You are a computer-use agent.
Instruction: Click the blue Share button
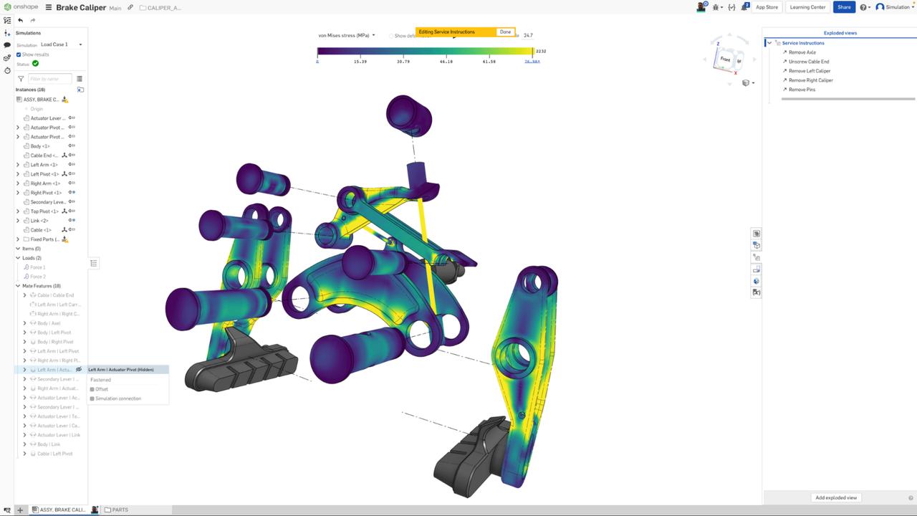click(x=844, y=7)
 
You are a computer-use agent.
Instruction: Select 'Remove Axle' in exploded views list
click(x=802, y=52)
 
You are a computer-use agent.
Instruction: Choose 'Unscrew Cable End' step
click(x=808, y=62)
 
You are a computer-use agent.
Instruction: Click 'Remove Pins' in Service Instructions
click(x=802, y=90)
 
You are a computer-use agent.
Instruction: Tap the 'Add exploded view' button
click(x=835, y=497)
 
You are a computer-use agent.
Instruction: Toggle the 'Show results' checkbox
click(x=19, y=54)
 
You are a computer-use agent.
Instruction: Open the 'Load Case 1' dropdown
click(x=61, y=44)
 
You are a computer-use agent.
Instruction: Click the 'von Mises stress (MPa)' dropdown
click(x=347, y=35)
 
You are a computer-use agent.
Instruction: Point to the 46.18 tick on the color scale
click(x=446, y=62)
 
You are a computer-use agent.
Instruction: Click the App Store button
click(x=767, y=7)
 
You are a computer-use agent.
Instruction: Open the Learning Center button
click(x=807, y=7)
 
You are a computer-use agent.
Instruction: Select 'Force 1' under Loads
click(x=37, y=267)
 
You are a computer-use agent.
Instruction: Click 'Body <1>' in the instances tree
click(x=40, y=146)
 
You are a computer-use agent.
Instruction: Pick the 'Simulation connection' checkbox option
click(x=92, y=398)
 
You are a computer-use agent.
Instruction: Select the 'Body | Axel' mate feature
click(x=49, y=323)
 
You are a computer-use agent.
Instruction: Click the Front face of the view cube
click(x=725, y=59)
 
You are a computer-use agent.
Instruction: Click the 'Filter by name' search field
click(x=49, y=79)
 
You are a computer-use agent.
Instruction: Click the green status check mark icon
click(x=35, y=64)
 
